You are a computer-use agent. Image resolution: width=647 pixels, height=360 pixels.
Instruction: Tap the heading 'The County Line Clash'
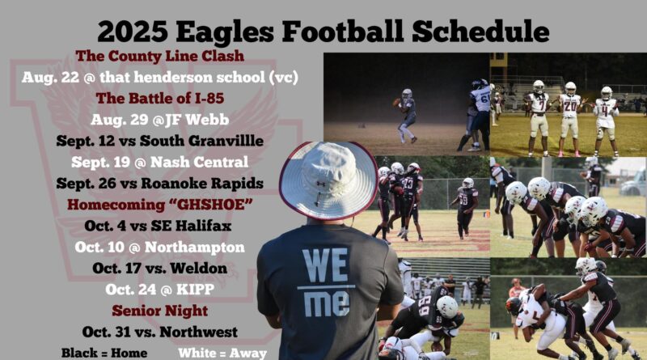pyautogui.click(x=159, y=57)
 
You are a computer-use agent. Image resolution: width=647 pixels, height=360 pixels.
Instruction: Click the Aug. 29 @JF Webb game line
pyautogui.click(x=159, y=120)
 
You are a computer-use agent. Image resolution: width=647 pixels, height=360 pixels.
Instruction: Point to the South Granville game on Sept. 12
pyautogui.click(x=159, y=141)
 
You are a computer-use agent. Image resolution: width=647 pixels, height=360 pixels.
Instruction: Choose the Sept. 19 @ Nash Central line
pyautogui.click(x=159, y=162)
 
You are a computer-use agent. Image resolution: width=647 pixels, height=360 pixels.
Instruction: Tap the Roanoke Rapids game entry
pyautogui.click(x=159, y=183)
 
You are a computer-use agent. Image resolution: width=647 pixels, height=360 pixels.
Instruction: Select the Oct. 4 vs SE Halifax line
pyautogui.click(x=159, y=225)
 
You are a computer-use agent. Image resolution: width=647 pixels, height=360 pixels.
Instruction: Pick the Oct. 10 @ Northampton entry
pyautogui.click(x=159, y=246)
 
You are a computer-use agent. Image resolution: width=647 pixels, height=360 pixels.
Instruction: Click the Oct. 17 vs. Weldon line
pyautogui.click(x=159, y=267)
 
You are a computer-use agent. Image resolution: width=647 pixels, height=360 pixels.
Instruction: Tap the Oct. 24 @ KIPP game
pyautogui.click(x=159, y=289)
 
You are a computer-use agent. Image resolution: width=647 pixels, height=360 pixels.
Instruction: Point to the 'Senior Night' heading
pyautogui.click(x=159, y=310)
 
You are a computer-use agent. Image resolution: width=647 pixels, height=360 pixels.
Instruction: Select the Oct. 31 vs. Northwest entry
pyautogui.click(x=159, y=332)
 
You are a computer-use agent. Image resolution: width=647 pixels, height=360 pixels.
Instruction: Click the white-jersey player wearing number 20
pyautogui.click(x=571, y=109)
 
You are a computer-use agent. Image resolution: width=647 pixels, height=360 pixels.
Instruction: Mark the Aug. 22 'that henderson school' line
pyautogui.click(x=159, y=78)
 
